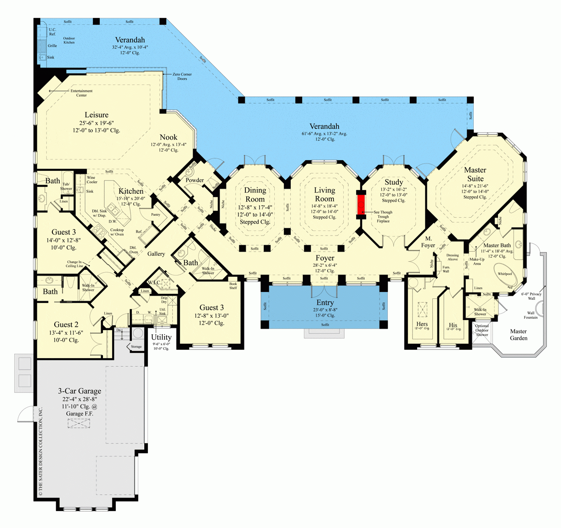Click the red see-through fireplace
(x=361, y=204)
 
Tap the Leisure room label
(x=96, y=115)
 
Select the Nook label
(x=168, y=137)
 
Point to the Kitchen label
(x=131, y=191)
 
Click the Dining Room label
(x=255, y=194)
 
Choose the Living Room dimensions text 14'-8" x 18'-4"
(x=324, y=207)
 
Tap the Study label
(x=394, y=182)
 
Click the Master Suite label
(x=475, y=174)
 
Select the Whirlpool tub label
(x=504, y=274)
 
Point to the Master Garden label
(x=518, y=335)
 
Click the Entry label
(x=325, y=303)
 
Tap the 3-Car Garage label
(x=79, y=391)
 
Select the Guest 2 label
(x=66, y=325)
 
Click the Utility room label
(x=161, y=337)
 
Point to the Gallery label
(x=156, y=254)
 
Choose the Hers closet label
(x=422, y=324)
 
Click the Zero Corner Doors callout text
(x=182, y=76)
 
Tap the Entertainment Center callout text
(x=81, y=93)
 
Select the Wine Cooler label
(x=92, y=180)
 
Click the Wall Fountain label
(x=531, y=315)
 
